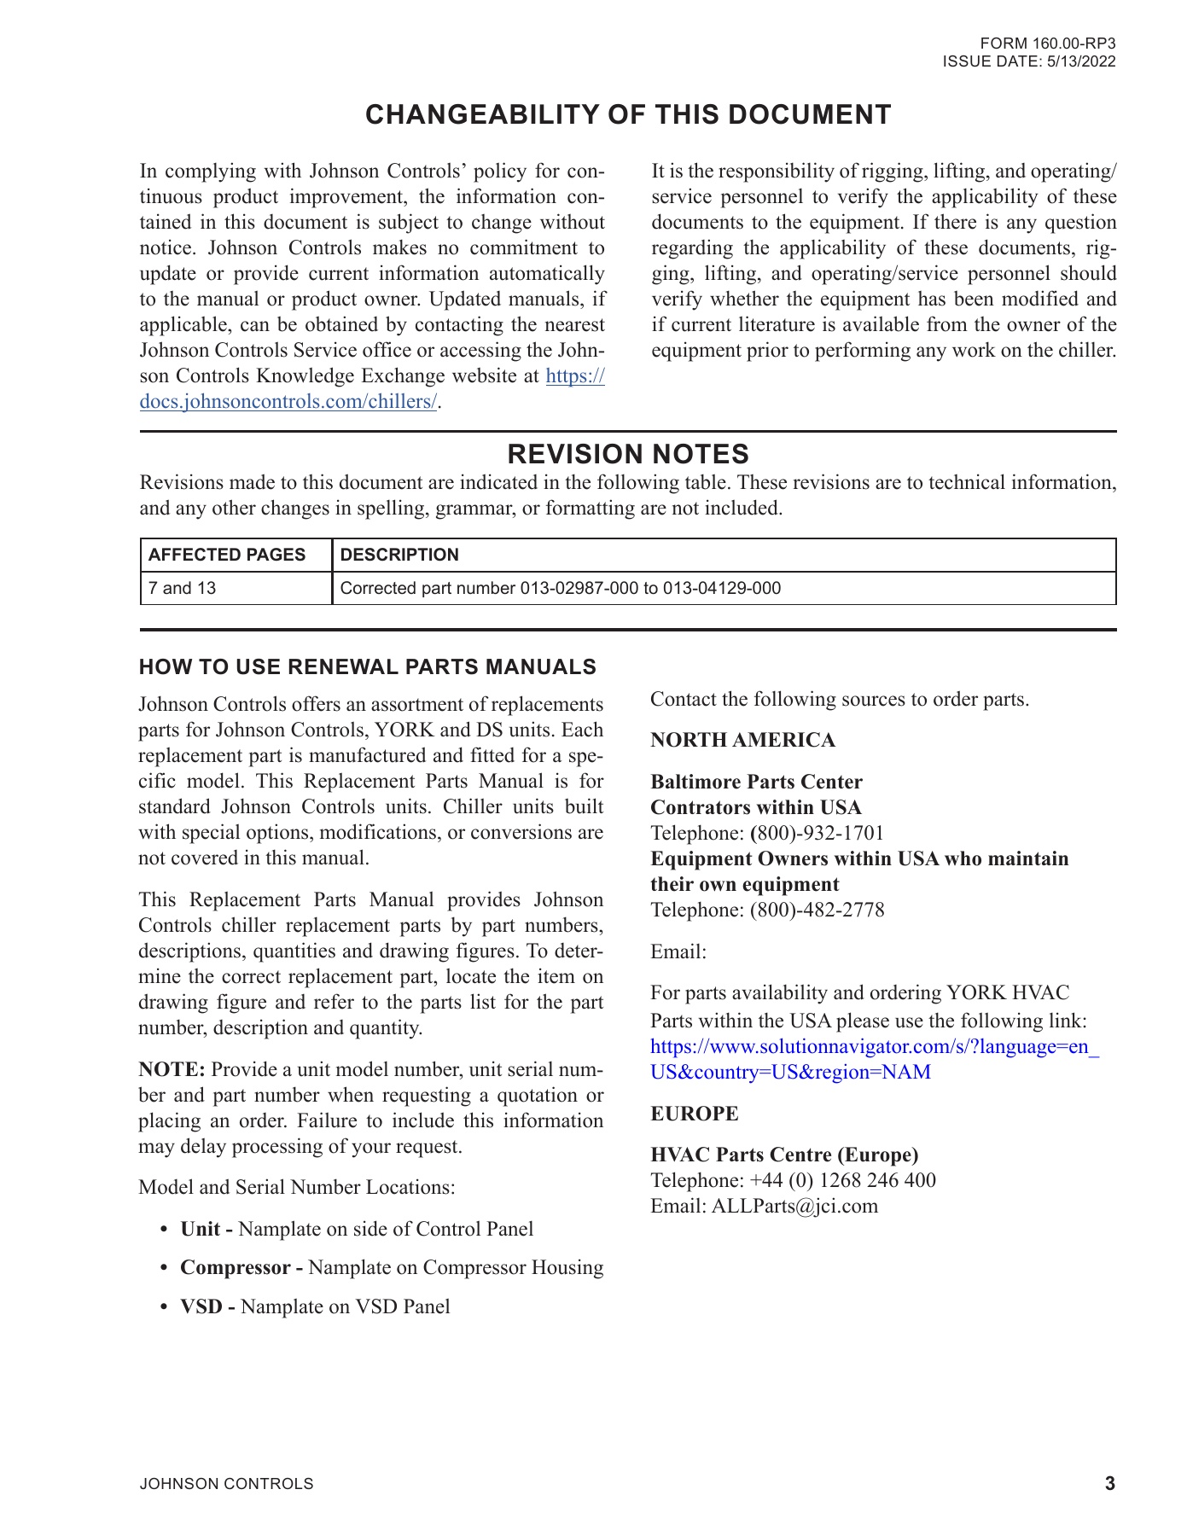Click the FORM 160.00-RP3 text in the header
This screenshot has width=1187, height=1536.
(1047, 44)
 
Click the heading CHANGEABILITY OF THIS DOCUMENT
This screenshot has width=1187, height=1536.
(628, 115)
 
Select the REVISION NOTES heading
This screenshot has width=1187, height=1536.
(628, 453)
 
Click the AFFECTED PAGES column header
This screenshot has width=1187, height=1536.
(227, 555)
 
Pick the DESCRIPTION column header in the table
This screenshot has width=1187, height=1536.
(399, 555)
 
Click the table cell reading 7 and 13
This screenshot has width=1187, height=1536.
(183, 588)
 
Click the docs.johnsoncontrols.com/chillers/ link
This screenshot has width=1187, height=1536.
(288, 402)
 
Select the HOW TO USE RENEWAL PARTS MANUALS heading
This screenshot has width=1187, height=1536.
(367, 667)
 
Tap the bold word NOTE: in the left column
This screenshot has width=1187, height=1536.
(172, 1070)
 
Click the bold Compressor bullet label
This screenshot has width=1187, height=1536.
(241, 1268)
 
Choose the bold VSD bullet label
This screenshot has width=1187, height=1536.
(207, 1307)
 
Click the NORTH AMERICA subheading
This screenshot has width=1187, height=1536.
(742, 741)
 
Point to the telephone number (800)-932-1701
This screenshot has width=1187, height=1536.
(817, 834)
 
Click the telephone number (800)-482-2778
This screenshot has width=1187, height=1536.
(817, 911)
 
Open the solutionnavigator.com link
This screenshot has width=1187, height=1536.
(874, 1047)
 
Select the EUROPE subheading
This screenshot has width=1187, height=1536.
(695, 1114)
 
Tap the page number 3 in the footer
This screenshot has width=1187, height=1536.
(1109, 1484)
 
